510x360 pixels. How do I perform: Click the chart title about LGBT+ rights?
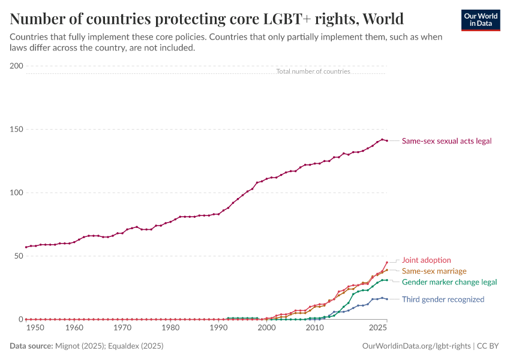pos(206,19)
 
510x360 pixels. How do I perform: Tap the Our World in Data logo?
pos(480,20)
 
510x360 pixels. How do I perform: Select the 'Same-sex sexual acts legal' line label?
pos(446,141)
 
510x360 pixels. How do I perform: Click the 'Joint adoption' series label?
pos(426,260)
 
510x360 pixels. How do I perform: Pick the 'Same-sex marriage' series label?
pos(434,271)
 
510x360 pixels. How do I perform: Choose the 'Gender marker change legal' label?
pos(449,282)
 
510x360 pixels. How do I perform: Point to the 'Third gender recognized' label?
pos(443,299)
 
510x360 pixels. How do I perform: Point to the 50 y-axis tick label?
pos(18,256)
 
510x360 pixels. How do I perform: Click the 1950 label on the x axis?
pos(35,328)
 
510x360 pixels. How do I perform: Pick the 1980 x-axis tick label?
pos(171,328)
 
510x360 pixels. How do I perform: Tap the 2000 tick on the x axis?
pos(266,328)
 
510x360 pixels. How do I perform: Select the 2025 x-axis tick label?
pos(378,328)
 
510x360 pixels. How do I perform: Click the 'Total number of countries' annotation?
pos(313,71)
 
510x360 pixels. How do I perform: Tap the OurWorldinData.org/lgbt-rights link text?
pos(416,346)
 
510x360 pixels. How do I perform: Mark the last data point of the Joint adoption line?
pos(387,262)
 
